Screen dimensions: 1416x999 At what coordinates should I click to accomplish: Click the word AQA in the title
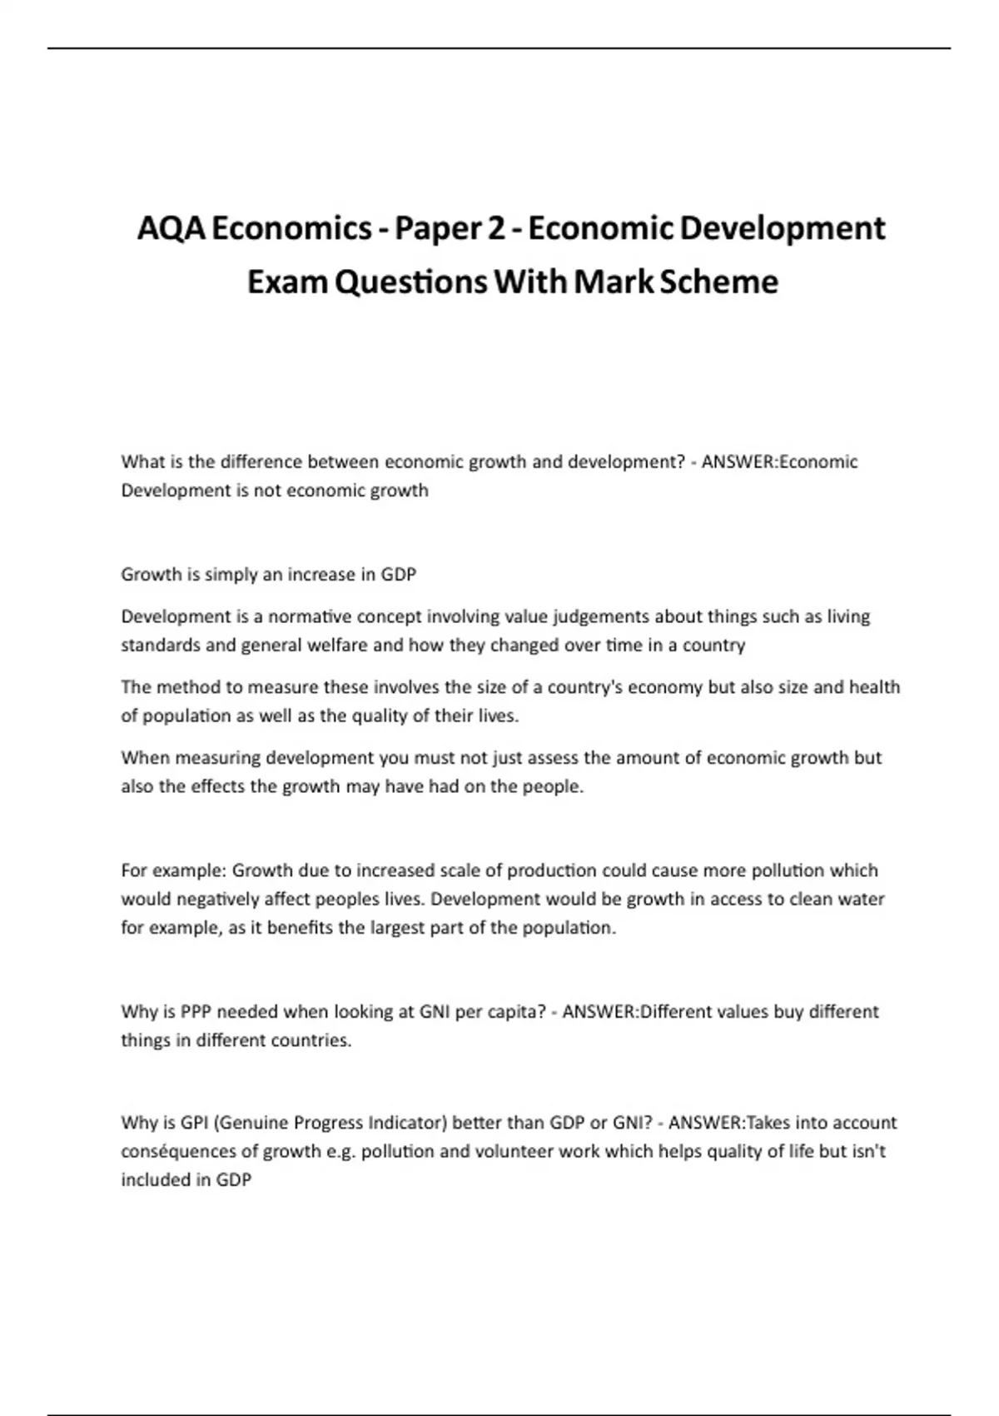point(171,228)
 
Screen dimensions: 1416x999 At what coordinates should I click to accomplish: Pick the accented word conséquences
point(181,1151)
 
